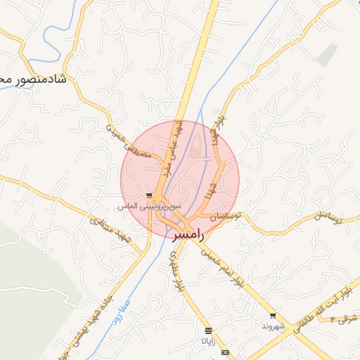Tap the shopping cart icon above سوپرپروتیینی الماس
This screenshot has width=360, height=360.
tap(148, 195)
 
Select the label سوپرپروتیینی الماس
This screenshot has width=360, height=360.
tap(150, 206)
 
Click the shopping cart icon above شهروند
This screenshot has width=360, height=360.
tap(272, 316)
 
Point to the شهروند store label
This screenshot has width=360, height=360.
tap(272, 327)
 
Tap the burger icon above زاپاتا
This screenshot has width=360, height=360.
tap(207, 330)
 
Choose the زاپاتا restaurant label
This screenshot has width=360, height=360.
tap(209, 342)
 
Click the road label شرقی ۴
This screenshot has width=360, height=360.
tap(345, 319)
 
